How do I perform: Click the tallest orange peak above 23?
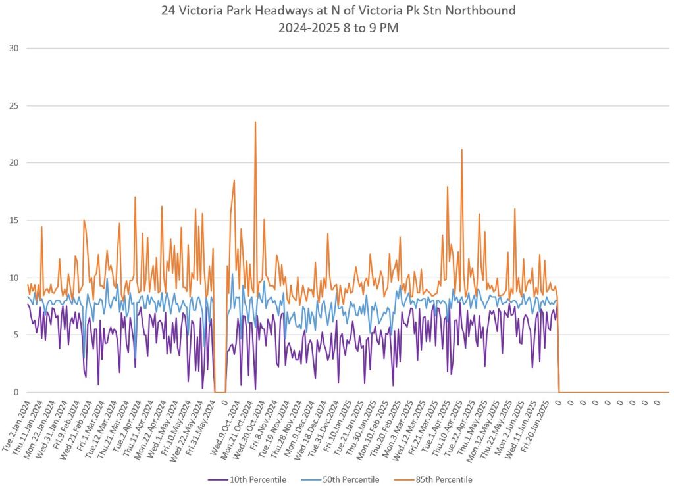pos(255,123)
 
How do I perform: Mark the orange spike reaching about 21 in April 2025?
pos(461,151)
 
